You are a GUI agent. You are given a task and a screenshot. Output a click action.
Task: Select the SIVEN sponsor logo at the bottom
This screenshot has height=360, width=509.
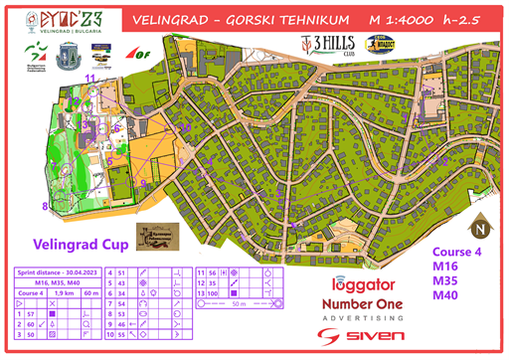[365, 336]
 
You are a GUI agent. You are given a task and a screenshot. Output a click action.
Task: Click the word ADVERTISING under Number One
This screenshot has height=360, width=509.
[365, 318]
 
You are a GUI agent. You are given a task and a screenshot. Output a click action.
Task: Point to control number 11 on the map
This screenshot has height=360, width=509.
[90, 78]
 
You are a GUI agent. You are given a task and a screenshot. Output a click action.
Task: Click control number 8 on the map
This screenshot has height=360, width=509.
[44, 207]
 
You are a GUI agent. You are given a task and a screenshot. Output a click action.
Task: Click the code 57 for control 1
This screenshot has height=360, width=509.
[31, 313]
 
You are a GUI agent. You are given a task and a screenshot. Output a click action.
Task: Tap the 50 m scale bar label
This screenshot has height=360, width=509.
[237, 304]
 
